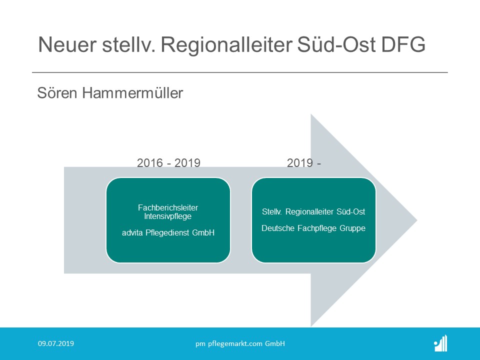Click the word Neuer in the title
pos(67,44)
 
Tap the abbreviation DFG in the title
pos(403,44)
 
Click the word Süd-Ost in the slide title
pos(336,44)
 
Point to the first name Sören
pos(57,93)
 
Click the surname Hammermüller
pos(132,93)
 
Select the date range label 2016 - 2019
pos(168,163)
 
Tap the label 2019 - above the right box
pos(303,163)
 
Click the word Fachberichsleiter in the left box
pos(168,207)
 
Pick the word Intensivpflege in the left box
pos(168,216)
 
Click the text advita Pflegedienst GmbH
pos(168,232)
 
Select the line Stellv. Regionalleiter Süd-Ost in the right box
pos(313,212)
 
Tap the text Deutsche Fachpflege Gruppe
pos(313,228)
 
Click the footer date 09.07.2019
pos(56,343)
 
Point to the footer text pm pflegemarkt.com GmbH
pos(240,344)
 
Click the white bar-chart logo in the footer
pos(441,343)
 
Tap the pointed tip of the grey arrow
pos(417,220)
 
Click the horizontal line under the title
pos(240,72)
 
